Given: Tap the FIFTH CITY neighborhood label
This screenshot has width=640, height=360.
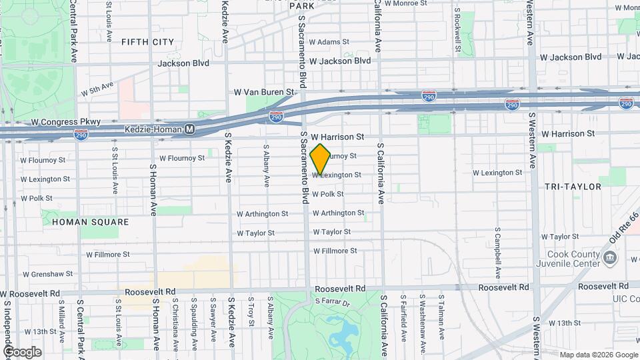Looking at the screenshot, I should tap(147, 41).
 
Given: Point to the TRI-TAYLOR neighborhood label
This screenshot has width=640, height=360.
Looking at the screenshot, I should tap(572, 187).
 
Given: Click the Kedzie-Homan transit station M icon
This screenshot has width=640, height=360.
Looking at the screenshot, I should tap(190, 129).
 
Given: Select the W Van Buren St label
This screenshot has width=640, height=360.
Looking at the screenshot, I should tap(263, 91).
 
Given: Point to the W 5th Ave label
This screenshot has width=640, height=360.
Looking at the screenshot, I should tap(97, 89).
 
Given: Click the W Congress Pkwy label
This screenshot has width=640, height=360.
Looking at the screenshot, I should tap(66, 122).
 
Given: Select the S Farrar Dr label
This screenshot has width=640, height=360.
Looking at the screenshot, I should tap(332, 303).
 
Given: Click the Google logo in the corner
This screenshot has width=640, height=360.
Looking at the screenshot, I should tap(22, 351).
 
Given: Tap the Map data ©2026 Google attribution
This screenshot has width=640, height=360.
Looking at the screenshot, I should tap(598, 354).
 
